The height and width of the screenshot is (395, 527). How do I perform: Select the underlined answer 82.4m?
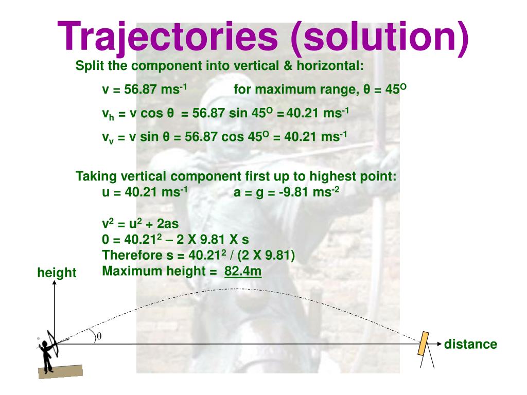[x=243, y=271]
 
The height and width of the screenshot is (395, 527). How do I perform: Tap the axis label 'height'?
[x=57, y=273]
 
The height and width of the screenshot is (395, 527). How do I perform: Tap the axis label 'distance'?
[x=470, y=344]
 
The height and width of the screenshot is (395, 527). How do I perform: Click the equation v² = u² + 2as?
[x=140, y=224]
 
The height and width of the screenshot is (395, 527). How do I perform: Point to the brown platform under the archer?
[x=60, y=371]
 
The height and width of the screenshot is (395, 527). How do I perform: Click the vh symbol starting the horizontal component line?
[x=108, y=114]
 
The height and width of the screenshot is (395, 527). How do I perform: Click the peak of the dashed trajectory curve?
[x=237, y=289]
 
